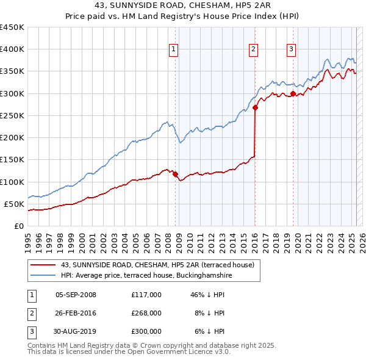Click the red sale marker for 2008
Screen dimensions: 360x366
175,174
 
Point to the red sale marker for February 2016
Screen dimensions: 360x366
255,108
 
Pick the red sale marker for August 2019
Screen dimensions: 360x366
293,93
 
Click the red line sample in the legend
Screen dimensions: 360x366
43,265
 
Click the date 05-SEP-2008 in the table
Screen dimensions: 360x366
76,295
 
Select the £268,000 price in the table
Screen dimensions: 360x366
146,313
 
